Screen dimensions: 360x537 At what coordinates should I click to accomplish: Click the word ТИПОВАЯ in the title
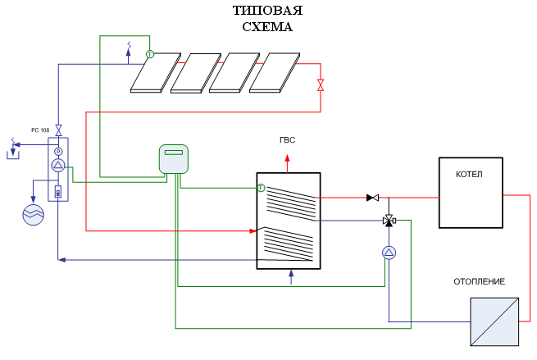(268, 11)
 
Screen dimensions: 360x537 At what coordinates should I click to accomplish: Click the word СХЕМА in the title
(268, 27)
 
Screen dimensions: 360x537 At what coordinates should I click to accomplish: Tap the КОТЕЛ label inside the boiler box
(469, 175)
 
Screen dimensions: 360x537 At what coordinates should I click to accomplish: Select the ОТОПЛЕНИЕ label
(480, 281)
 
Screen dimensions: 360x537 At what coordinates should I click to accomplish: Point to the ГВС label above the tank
(287, 140)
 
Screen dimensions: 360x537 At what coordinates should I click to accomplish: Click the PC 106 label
(40, 130)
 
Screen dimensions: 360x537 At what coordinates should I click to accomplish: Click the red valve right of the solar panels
(321, 84)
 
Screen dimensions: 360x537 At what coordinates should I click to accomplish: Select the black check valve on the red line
(372, 198)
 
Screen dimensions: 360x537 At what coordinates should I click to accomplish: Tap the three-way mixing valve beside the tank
(389, 221)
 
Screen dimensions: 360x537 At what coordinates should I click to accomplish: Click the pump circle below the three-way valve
(389, 253)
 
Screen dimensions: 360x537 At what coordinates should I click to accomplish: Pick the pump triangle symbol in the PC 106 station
(58, 166)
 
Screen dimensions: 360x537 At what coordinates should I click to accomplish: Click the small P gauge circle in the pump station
(58, 152)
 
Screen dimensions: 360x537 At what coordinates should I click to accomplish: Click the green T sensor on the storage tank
(261, 188)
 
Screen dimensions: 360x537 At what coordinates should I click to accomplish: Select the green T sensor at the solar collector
(150, 54)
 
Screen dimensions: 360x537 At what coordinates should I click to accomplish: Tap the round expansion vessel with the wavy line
(34, 214)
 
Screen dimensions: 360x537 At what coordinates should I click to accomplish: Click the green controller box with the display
(174, 159)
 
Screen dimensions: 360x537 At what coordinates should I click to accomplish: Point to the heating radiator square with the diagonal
(494, 321)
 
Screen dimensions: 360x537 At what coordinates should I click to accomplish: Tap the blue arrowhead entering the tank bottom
(291, 274)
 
